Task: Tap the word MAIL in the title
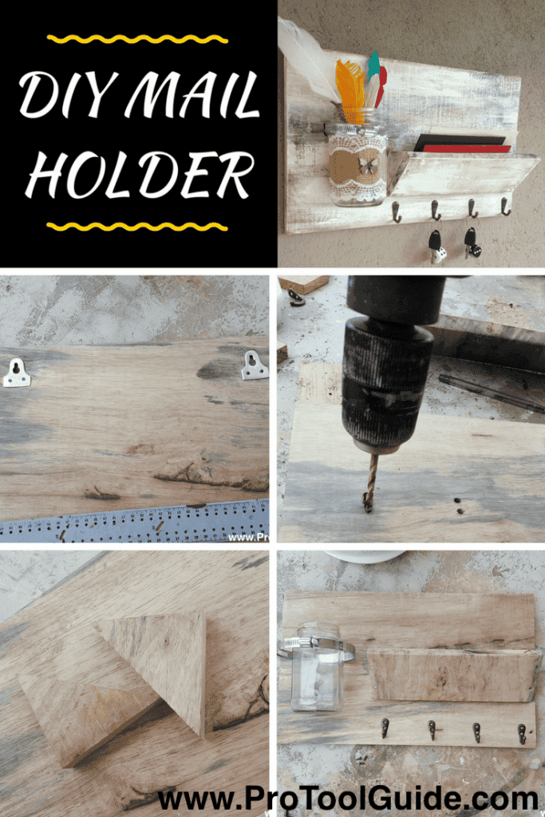point(193,94)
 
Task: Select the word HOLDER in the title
point(140,175)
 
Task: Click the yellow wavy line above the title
point(137,39)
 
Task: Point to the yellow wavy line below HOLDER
point(137,227)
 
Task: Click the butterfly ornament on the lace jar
point(368,166)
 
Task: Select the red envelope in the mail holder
point(466,149)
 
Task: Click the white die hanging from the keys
point(439,255)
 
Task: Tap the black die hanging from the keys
point(474,251)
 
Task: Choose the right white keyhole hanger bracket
point(255,365)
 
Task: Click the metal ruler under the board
point(134,522)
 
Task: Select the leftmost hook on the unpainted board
point(385,728)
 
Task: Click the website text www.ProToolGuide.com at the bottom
point(348,798)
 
